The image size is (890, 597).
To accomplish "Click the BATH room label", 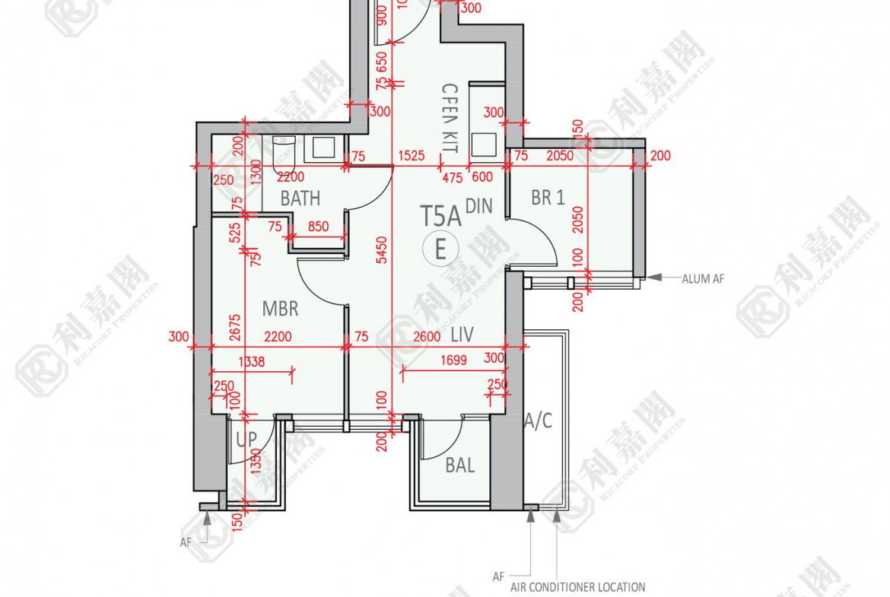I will tap(300, 198).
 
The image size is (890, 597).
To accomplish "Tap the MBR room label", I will tap(280, 309).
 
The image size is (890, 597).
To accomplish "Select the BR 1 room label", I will tap(548, 198).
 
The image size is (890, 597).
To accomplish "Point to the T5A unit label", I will tap(440, 216).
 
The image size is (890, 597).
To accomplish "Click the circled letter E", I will tap(440, 249).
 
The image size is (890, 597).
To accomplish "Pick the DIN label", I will tap(478, 206).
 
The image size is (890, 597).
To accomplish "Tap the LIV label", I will tap(462, 335).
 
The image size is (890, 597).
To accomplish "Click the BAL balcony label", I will tap(460, 465).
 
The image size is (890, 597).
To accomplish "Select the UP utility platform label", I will tap(246, 440).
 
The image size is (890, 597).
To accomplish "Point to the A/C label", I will tap(539, 421).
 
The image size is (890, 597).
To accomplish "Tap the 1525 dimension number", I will tap(411, 156).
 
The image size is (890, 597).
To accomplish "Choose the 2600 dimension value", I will tap(426, 336).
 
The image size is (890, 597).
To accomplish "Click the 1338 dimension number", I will tap(251, 362).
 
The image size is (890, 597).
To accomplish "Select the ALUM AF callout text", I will tap(703, 279).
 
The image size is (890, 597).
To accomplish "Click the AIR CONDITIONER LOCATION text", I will tap(577, 587).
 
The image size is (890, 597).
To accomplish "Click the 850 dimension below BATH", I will tap(318, 227).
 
